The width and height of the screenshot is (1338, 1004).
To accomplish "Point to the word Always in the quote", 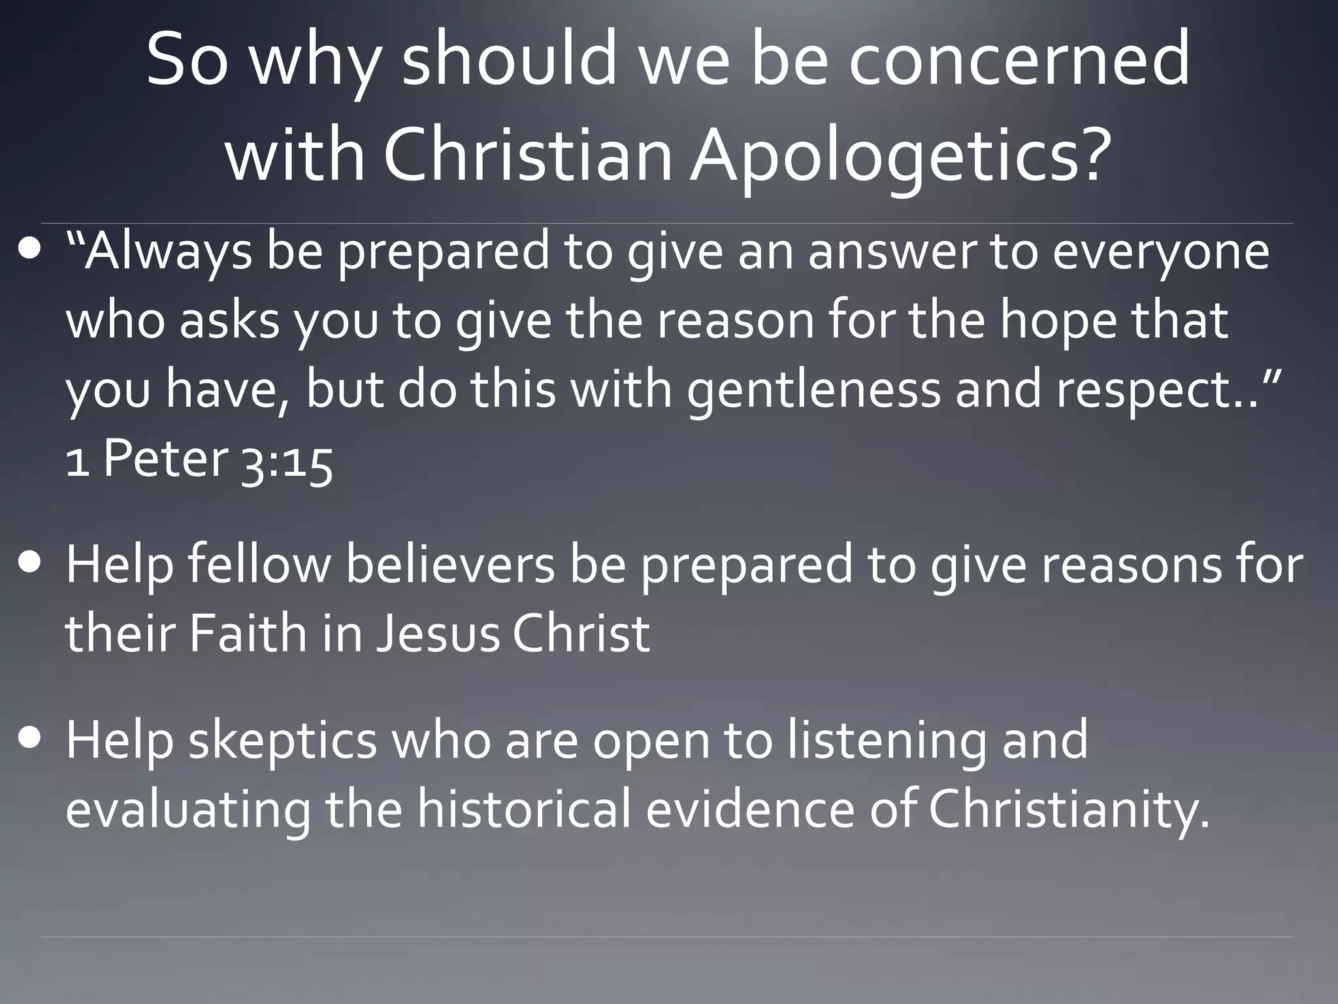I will pyautogui.click(x=166, y=252).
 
